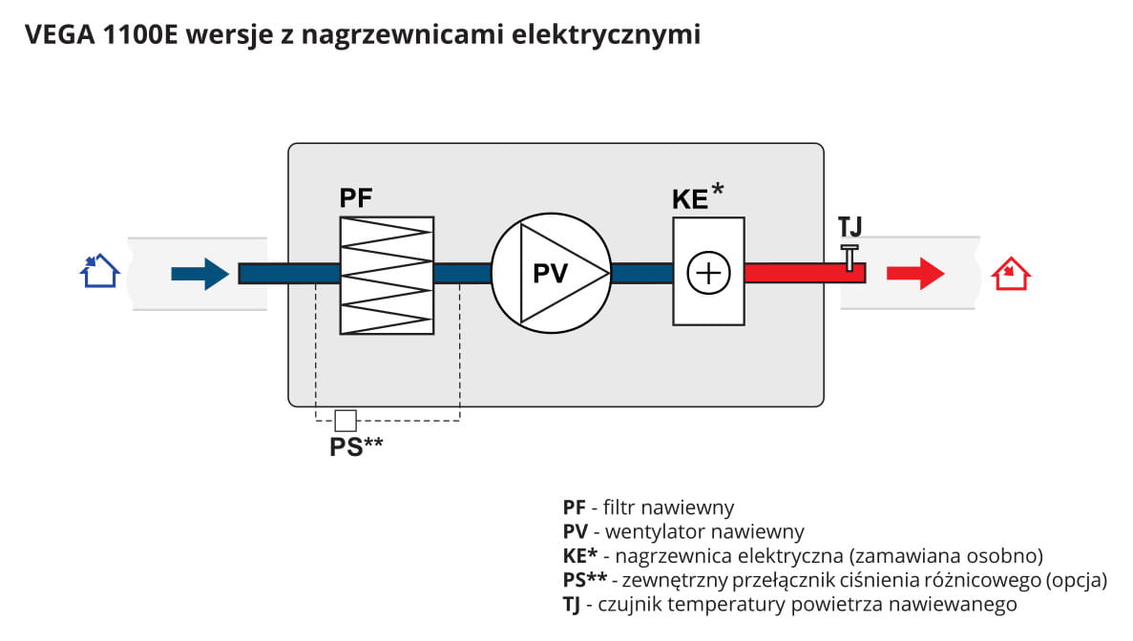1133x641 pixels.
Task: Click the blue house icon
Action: (x=99, y=272)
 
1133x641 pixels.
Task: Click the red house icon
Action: (x=1010, y=274)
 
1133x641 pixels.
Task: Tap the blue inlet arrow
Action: (x=200, y=274)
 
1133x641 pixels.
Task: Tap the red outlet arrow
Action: (x=915, y=274)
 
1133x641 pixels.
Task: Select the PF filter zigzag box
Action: (x=387, y=275)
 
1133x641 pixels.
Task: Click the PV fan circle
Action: (x=552, y=273)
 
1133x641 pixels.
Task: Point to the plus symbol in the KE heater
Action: (x=708, y=273)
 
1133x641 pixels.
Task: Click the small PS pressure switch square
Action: (x=346, y=420)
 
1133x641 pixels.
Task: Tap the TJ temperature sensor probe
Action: (x=850, y=258)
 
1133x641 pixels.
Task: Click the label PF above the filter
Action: (x=355, y=197)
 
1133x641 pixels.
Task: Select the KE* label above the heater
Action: (x=698, y=196)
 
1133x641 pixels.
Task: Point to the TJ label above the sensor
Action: (x=850, y=227)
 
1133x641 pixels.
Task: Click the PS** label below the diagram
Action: (x=356, y=446)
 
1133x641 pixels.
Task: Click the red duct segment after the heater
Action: (x=805, y=273)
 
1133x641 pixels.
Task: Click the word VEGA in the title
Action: (x=60, y=34)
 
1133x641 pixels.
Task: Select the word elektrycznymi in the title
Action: (x=605, y=34)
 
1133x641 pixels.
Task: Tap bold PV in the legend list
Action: (x=576, y=532)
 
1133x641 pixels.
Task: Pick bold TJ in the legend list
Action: (x=572, y=605)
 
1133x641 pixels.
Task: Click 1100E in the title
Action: (x=140, y=34)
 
